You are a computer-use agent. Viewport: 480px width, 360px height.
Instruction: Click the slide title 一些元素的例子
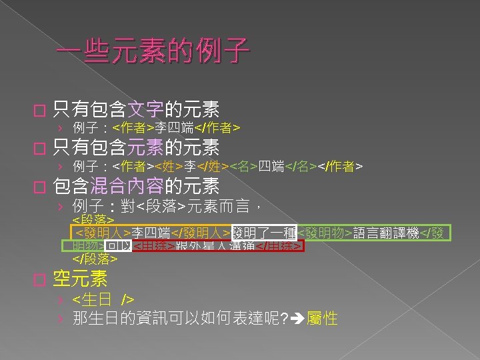153,49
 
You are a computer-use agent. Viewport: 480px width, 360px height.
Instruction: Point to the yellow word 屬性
321,319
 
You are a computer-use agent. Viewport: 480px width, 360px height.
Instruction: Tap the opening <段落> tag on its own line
93,219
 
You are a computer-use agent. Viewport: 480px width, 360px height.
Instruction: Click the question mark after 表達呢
285,319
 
